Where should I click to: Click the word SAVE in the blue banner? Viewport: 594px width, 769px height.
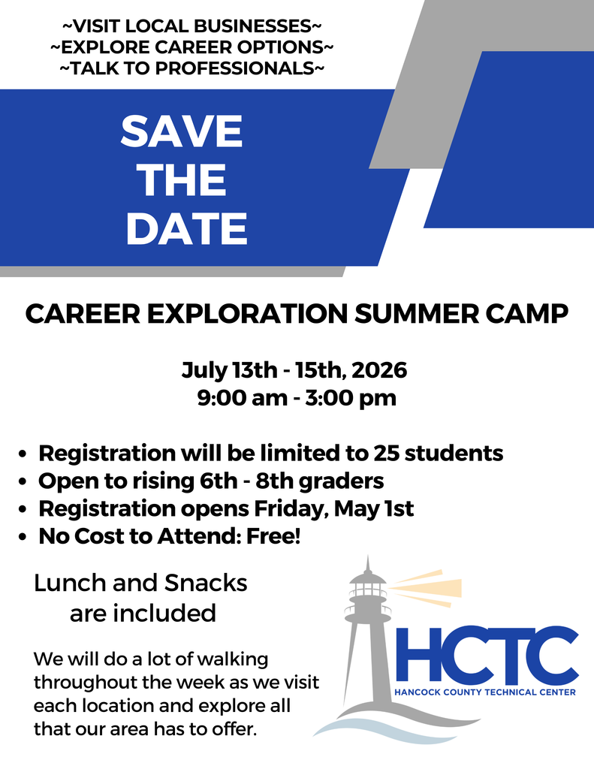[x=182, y=132]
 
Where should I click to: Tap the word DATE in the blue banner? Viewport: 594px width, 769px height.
[x=186, y=229]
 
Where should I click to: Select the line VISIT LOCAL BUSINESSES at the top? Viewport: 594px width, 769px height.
[x=191, y=27]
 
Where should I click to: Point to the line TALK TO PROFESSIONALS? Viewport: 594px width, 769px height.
[x=191, y=68]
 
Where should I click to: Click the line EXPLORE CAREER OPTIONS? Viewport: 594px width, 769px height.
[x=191, y=47]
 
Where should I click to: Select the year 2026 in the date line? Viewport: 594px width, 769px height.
[x=379, y=370]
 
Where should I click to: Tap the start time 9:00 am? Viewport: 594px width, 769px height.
[x=242, y=398]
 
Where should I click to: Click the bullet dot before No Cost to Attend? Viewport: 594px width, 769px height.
[x=23, y=538]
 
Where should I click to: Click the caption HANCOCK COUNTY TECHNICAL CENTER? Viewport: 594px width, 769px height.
[x=485, y=692]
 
